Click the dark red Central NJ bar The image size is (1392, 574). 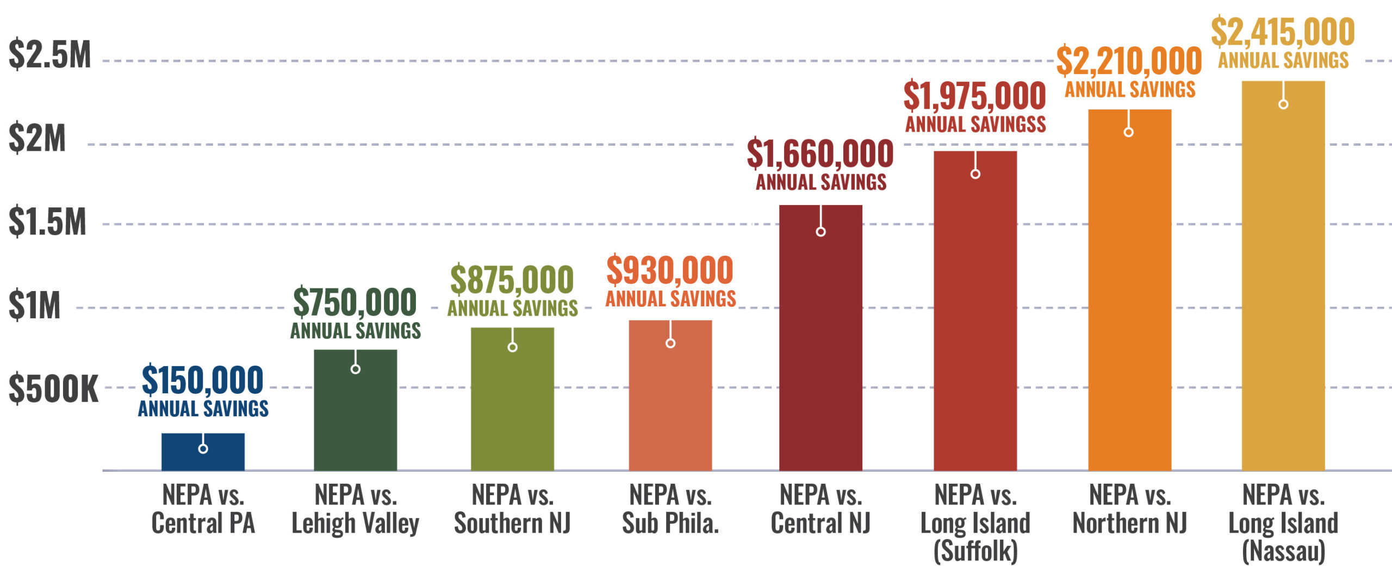click(x=821, y=348)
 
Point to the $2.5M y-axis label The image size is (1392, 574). click(x=49, y=55)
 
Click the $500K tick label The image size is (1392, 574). click(x=53, y=390)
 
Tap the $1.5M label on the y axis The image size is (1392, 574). click(x=47, y=222)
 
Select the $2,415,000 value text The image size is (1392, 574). click(x=1283, y=32)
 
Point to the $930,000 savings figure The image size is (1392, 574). click(x=670, y=270)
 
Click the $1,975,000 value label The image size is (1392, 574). click(x=974, y=96)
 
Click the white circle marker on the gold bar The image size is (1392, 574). click(x=1283, y=104)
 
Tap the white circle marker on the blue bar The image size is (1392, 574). click(x=203, y=449)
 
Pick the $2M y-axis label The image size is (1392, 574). click(x=37, y=139)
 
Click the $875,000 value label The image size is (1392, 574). click(x=512, y=280)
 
